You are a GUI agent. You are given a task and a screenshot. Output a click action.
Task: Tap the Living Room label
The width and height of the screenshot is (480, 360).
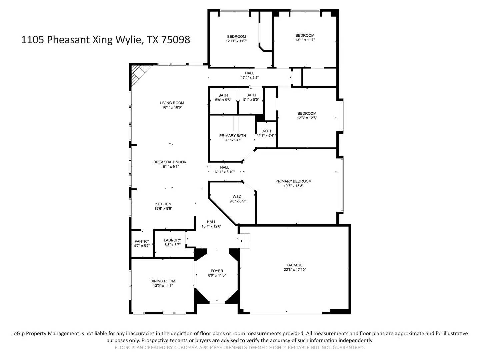click(x=172, y=103)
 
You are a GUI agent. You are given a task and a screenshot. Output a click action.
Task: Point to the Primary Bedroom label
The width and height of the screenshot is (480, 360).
click(x=293, y=181)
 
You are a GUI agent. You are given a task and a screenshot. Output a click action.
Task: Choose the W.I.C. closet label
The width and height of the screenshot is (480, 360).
click(x=237, y=197)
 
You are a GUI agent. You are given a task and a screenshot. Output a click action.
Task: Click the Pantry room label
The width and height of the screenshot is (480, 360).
click(x=142, y=241)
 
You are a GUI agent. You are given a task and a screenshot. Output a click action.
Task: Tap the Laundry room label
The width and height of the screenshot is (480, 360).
click(x=172, y=240)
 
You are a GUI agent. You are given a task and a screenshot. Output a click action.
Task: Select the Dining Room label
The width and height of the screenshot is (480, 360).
click(x=163, y=281)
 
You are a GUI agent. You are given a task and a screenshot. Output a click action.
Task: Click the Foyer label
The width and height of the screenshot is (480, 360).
click(x=217, y=271)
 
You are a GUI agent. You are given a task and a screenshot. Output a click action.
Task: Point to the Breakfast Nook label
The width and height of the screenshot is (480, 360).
click(x=170, y=162)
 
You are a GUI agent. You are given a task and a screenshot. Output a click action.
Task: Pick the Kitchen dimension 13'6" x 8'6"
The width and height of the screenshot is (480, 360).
click(x=163, y=209)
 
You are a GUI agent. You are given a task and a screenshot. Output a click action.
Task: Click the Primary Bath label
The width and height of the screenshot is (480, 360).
click(x=232, y=136)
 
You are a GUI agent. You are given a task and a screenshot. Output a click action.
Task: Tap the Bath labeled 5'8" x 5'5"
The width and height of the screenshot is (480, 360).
click(x=223, y=98)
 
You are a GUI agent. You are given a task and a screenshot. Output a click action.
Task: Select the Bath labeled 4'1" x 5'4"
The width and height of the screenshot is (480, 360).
click(x=266, y=133)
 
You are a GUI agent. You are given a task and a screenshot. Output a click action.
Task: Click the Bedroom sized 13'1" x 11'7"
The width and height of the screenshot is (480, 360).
click(x=305, y=38)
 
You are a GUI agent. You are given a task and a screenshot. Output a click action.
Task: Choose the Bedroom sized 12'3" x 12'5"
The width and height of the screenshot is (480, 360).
click(x=307, y=116)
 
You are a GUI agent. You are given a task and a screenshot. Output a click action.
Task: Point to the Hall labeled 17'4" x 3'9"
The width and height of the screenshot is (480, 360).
click(x=250, y=75)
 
